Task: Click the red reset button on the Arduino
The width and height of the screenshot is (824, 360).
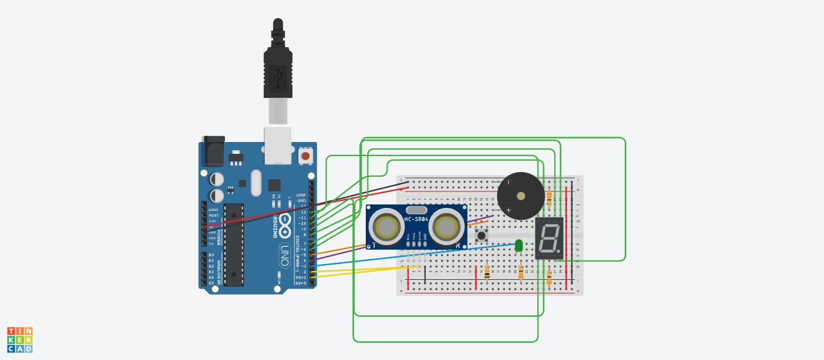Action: pyautogui.click(x=306, y=156)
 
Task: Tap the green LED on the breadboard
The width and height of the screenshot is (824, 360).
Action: pyautogui.click(x=518, y=245)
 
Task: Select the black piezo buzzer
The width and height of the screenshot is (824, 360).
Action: pyautogui.click(x=521, y=196)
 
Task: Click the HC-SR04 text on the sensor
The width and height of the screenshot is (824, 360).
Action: pyautogui.click(x=416, y=219)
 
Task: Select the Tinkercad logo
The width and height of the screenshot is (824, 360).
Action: pyautogui.click(x=19, y=340)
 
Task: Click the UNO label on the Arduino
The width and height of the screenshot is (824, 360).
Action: pyautogui.click(x=284, y=257)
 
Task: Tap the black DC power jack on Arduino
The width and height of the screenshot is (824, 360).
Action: pyautogui.click(x=213, y=151)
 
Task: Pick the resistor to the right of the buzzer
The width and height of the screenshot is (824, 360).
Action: pyautogui.click(x=550, y=197)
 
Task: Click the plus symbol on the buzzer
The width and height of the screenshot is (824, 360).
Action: pyautogui.click(x=508, y=210)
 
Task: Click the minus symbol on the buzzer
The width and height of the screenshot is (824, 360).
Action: pyautogui.click(x=508, y=183)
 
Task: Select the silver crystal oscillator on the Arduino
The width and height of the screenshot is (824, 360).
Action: pyautogui.click(x=256, y=183)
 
